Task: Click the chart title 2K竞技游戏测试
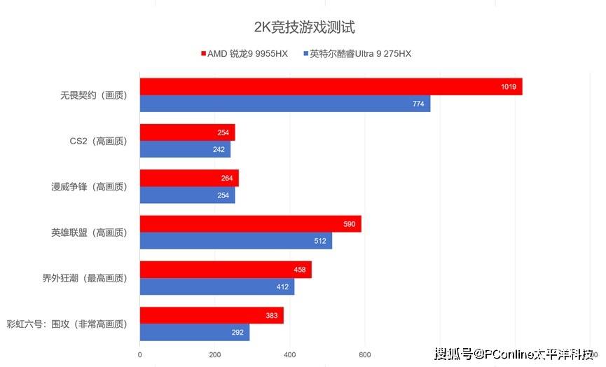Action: point(304,28)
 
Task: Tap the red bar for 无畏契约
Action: point(331,87)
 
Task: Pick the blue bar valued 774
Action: point(284,104)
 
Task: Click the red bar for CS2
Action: point(187,132)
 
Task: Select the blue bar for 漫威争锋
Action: point(187,195)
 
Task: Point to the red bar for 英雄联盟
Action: point(250,224)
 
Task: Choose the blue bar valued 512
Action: point(235,241)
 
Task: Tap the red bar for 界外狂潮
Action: point(226,270)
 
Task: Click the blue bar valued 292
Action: point(194,333)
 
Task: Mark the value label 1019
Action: point(509,87)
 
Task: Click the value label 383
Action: point(273,316)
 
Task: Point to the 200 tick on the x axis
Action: point(214,354)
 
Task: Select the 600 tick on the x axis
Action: point(364,354)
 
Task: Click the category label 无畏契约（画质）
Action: point(94,95)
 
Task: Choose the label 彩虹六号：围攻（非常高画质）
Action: point(67,324)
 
